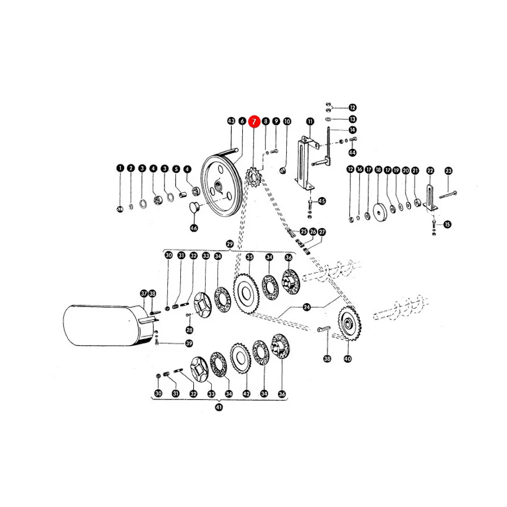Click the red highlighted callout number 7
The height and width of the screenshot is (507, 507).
[254, 122]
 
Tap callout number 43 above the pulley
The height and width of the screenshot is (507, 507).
[231, 121]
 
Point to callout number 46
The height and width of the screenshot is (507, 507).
[194, 228]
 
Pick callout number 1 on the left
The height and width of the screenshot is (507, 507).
[121, 168]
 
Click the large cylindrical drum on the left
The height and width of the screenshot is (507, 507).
[108, 325]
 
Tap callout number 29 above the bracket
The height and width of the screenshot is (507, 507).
[230, 244]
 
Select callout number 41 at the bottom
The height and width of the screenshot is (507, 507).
[219, 407]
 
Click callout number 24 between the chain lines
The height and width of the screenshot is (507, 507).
[307, 307]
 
